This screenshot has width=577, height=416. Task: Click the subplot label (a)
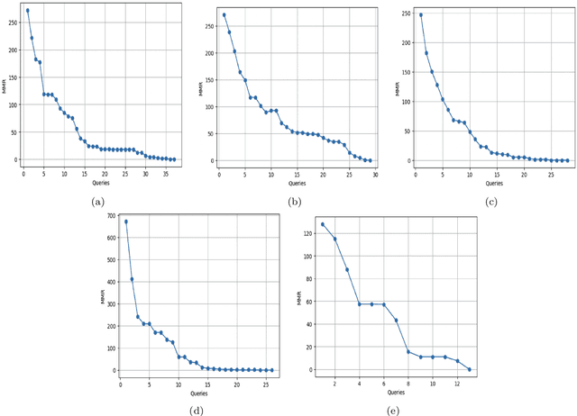click(x=97, y=203)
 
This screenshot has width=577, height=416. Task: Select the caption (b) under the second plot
click(x=295, y=203)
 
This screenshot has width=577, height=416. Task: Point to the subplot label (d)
click(x=196, y=412)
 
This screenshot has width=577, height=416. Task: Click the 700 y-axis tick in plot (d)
click(x=110, y=217)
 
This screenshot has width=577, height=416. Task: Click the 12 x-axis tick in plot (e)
click(x=457, y=384)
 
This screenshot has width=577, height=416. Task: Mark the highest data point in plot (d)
click(x=125, y=222)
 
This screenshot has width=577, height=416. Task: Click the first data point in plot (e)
click(x=322, y=224)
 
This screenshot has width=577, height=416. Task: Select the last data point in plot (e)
click(x=470, y=369)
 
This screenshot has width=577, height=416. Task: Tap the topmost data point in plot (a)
click(x=27, y=11)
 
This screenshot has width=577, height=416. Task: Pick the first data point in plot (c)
click(x=420, y=14)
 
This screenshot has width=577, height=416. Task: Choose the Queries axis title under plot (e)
click(x=396, y=393)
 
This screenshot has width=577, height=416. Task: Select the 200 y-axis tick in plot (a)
click(x=13, y=50)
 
